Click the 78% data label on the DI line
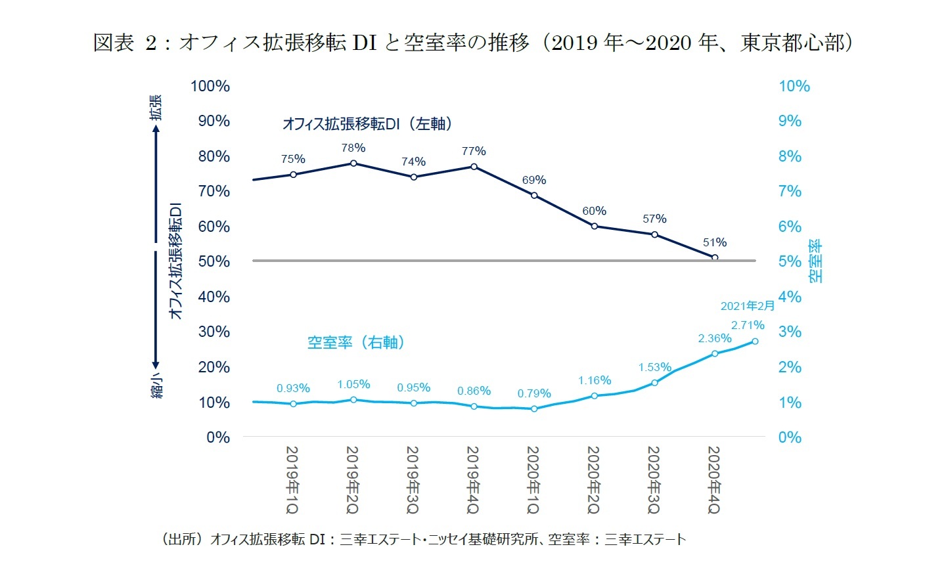[353, 148]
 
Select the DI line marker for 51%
[715, 257]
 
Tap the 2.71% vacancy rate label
[748, 325]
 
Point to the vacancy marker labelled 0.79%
[534, 408]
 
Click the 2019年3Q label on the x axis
[413, 480]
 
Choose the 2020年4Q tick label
[714, 480]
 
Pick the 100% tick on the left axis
[210, 86]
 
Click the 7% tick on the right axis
[790, 191]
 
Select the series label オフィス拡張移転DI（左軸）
[367, 123]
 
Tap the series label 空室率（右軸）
[355, 343]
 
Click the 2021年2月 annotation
[748, 306]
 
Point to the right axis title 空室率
[815, 261]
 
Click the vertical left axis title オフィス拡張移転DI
[175, 261]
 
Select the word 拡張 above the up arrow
[156, 107]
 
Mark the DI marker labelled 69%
[534, 195]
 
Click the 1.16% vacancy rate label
[595, 381]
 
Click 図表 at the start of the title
[114, 43]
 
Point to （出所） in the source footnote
[181, 540]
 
